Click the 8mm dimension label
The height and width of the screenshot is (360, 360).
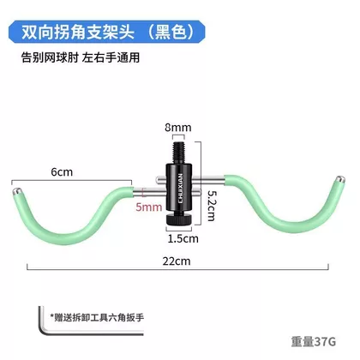point(178,128)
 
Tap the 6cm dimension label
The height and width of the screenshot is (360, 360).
point(62,172)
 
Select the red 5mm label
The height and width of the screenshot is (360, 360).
point(148,207)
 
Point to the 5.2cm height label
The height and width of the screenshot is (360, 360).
point(212,206)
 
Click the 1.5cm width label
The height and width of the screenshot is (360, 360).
point(183,238)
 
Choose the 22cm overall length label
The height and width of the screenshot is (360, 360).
point(177,261)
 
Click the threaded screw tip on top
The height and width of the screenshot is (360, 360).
point(179,153)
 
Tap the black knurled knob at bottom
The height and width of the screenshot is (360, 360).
point(179,219)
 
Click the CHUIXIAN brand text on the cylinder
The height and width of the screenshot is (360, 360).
point(181,189)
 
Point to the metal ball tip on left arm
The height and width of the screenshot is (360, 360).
point(17,191)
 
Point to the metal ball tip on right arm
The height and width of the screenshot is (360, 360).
point(340,179)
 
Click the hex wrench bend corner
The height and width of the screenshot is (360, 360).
point(42,332)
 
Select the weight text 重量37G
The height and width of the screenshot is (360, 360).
point(314,342)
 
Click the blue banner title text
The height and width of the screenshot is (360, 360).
point(108,32)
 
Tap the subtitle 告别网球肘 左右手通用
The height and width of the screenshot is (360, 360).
point(81,58)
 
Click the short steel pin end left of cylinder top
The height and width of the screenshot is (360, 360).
point(159,179)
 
